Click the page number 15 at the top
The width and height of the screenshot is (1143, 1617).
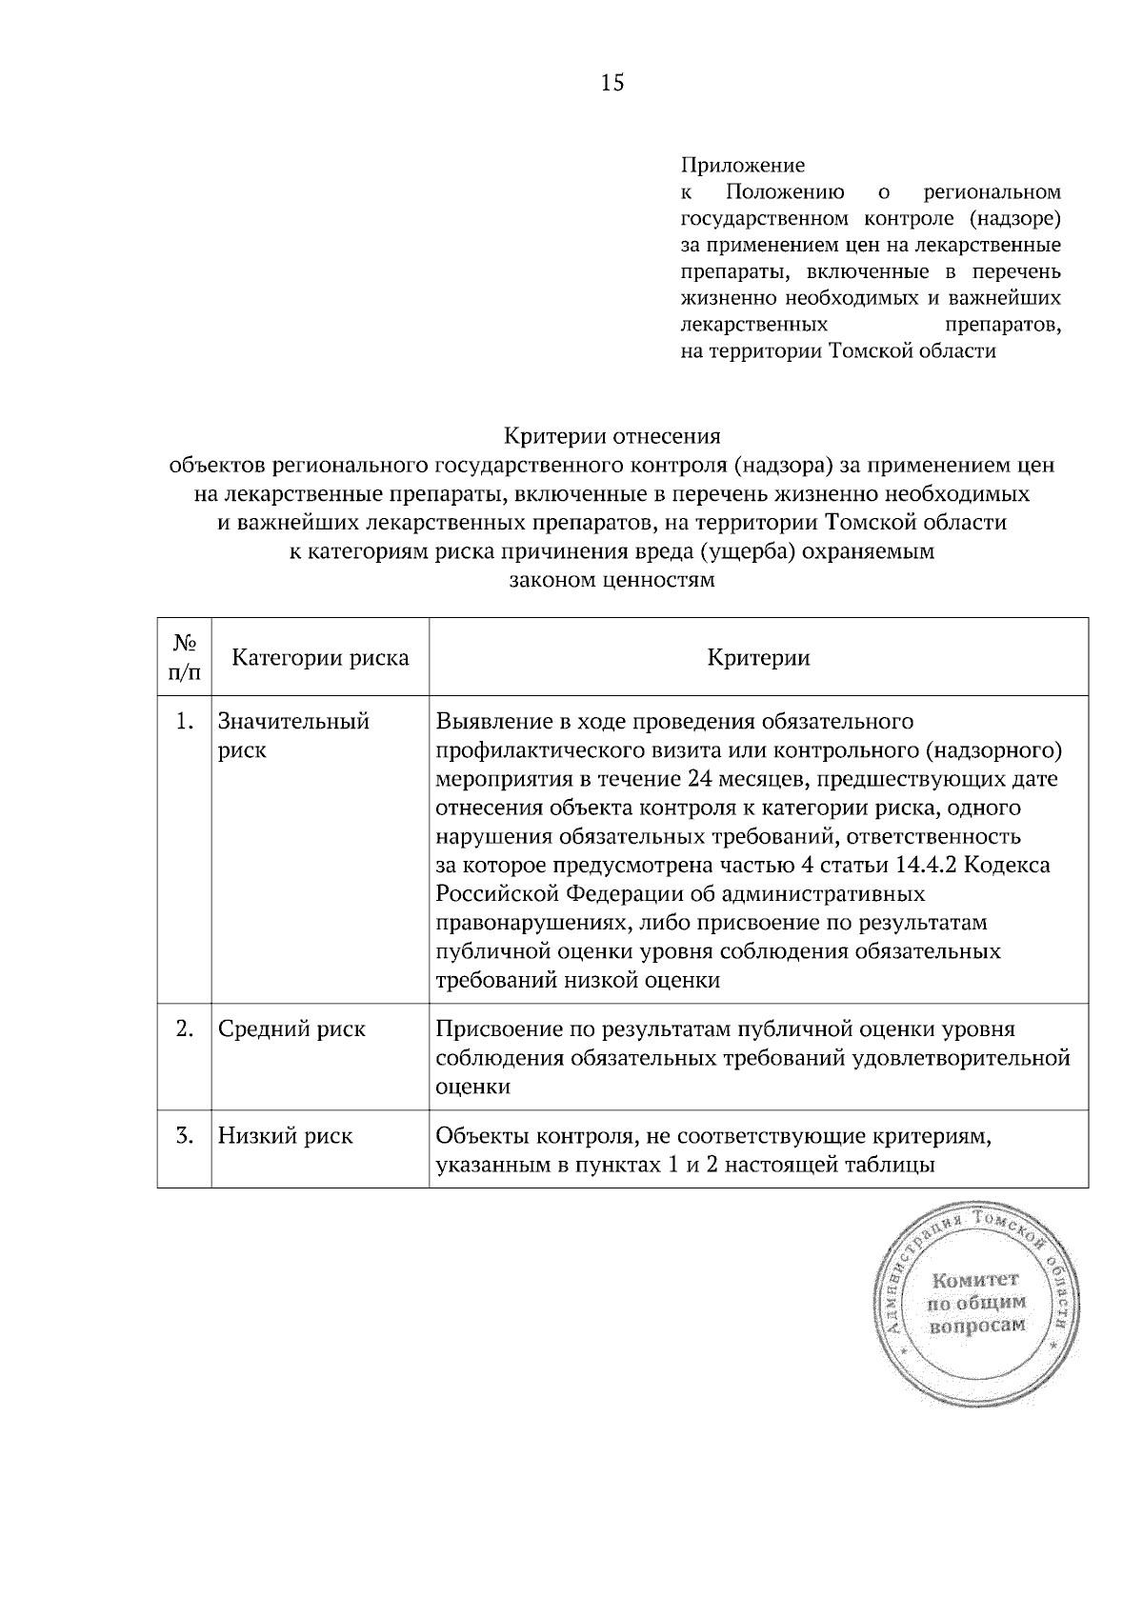click(x=612, y=83)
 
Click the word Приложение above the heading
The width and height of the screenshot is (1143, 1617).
click(x=743, y=166)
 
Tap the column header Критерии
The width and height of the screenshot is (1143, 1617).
click(x=758, y=657)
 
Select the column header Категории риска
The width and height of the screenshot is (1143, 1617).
click(x=320, y=657)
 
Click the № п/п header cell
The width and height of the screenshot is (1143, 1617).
click(x=184, y=657)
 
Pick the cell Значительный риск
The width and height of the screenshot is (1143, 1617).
click(x=293, y=735)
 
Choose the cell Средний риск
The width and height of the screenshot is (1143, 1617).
click(x=291, y=1028)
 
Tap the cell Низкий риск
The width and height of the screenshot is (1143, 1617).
click(x=285, y=1135)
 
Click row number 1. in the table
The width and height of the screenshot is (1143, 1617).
click(x=185, y=721)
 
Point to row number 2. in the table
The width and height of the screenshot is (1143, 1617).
click(x=185, y=1028)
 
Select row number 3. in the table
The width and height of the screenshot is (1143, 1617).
click(x=185, y=1135)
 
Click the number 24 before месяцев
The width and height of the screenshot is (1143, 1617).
click(x=698, y=779)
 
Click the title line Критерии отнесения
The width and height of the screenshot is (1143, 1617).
click(x=612, y=437)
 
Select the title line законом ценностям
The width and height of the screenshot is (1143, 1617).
click(x=612, y=580)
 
